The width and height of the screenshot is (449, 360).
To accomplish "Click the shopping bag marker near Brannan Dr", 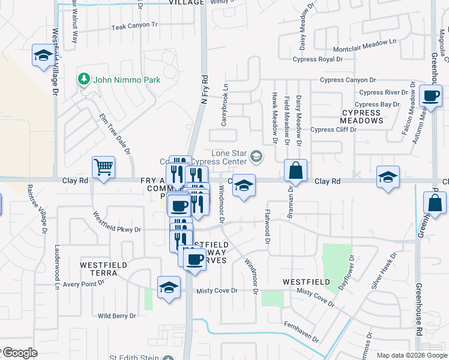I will pos(295,170).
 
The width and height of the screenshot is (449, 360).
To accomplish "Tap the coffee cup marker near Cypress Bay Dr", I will pos(432,96).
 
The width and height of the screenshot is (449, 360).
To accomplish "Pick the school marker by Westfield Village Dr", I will pos(43,56).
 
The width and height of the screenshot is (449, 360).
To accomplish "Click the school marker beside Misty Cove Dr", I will pos(169,287).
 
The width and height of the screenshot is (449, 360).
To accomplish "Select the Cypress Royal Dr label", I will pos(318,59).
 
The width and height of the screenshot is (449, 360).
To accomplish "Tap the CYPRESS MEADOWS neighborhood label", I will pos(362,116).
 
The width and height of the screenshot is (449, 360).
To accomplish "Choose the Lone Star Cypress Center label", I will pos(229,157).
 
